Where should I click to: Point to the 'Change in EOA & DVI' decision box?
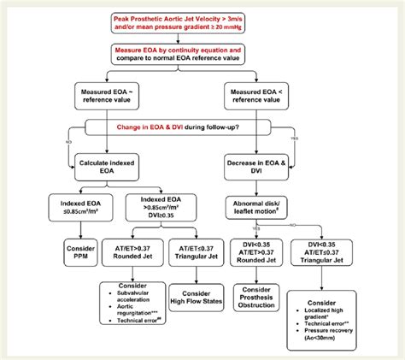pos(202,127)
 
